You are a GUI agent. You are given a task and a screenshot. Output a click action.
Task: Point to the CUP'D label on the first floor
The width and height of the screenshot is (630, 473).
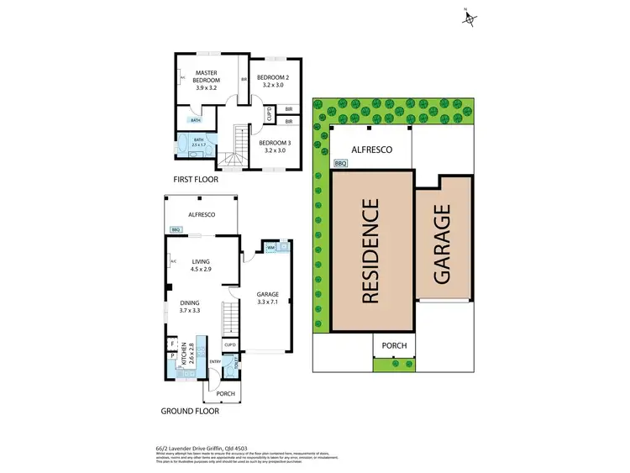pos(268,114)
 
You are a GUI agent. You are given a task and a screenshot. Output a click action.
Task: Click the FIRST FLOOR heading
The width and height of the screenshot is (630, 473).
pos(194,180)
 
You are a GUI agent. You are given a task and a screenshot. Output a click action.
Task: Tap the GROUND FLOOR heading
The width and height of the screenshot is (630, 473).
pos(191,412)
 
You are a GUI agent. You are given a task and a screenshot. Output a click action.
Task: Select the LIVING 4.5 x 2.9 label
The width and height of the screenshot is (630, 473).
pos(202,265)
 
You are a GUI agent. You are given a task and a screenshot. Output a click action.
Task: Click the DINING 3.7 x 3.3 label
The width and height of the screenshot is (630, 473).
pos(190,306)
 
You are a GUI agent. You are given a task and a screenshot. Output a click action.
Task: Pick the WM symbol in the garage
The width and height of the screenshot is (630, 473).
pos(272,248)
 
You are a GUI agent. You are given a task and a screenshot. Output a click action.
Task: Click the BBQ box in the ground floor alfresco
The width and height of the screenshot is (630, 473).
pos(176,229)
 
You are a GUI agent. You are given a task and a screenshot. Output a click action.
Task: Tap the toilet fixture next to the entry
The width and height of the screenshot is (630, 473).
pos(238,364)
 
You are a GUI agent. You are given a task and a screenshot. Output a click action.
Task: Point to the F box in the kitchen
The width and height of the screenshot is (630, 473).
pos(172,344)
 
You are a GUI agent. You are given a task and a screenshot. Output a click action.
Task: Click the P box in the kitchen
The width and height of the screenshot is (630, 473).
pos(172,356)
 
